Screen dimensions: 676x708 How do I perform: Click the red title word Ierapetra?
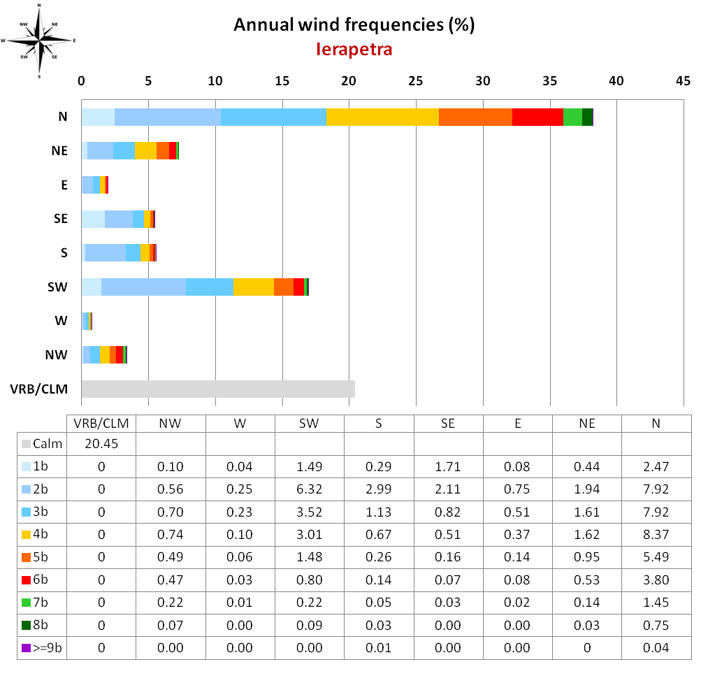[x=354, y=50]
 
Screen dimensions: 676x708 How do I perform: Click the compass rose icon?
[x=39, y=40]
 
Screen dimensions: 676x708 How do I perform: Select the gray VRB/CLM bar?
[x=218, y=389]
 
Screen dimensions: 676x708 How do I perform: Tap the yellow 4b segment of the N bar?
[x=382, y=117]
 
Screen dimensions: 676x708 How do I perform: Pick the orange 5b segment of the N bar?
[x=475, y=117]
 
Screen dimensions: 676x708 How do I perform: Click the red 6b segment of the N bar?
[x=537, y=117]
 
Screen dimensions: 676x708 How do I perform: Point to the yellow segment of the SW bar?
[x=253, y=287]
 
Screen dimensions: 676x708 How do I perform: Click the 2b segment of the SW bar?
[x=143, y=287]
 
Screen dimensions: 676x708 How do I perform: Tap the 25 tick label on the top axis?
[x=416, y=81]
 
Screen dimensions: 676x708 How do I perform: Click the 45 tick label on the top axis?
[x=684, y=81]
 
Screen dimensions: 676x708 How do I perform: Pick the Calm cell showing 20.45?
[x=101, y=444]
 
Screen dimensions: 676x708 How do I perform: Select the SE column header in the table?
[x=448, y=423]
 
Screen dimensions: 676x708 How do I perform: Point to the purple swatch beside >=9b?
[x=27, y=648]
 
